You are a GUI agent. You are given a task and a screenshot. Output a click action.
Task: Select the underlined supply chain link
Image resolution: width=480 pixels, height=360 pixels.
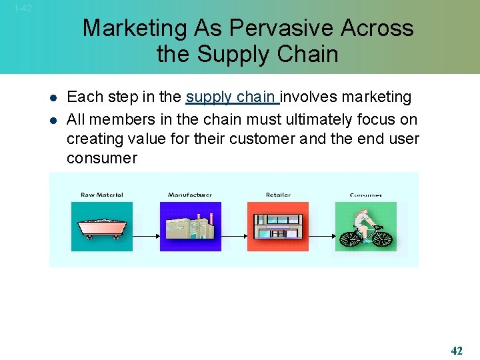click(232, 97)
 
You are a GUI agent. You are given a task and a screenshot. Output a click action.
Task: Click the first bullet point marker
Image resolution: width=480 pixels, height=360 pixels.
click(53, 98)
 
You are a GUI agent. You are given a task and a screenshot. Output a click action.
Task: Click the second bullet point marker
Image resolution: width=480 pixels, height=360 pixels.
click(53, 120)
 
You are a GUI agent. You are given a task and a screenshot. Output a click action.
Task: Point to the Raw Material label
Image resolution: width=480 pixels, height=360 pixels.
click(101, 195)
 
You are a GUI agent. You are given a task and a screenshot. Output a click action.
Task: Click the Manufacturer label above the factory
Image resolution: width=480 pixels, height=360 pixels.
click(190, 195)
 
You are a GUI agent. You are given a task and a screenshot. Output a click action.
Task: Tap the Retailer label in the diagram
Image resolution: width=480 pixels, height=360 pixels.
click(278, 195)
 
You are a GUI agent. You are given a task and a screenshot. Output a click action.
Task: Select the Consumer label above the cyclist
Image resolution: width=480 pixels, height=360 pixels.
click(366, 195)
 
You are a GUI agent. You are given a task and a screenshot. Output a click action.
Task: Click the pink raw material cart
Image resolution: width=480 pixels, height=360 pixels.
click(102, 227)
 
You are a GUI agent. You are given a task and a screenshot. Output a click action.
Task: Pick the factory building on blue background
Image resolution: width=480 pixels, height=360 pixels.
click(191, 227)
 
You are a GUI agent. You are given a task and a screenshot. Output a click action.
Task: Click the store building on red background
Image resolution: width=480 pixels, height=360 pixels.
click(278, 227)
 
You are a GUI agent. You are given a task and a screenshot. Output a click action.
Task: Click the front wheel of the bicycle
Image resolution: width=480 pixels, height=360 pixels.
click(382, 237)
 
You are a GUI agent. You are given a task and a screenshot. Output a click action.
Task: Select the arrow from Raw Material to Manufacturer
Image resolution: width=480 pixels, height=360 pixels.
click(146, 235)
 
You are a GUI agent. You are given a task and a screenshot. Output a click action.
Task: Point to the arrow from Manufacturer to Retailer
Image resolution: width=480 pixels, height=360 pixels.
click(234, 235)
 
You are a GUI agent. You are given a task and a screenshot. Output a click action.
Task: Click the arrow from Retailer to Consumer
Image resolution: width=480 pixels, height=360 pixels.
click(322, 235)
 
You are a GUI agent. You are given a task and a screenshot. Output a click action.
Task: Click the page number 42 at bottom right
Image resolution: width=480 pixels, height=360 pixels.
click(457, 351)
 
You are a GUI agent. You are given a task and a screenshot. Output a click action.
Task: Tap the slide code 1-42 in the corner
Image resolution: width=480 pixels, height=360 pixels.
click(21, 9)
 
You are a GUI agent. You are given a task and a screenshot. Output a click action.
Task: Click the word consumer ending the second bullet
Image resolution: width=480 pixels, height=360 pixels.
click(101, 159)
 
